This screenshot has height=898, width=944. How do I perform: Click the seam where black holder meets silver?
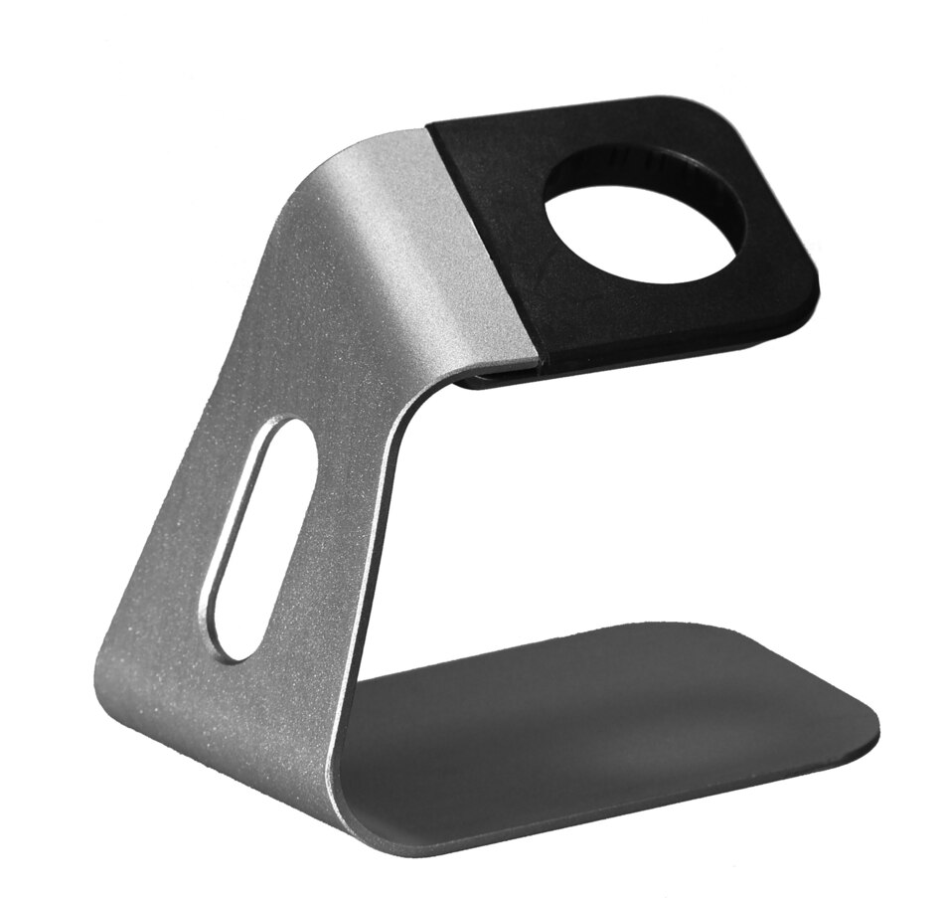484,239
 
